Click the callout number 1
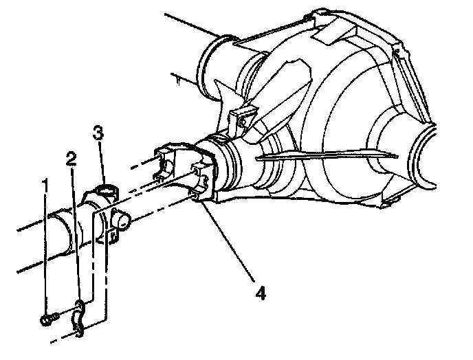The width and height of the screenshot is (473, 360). [45, 185]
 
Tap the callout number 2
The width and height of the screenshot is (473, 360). [71, 159]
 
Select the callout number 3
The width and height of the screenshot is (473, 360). [98, 133]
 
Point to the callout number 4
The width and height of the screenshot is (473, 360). [261, 293]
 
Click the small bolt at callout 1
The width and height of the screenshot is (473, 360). [49, 319]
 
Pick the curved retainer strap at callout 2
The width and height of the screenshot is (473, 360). [78, 318]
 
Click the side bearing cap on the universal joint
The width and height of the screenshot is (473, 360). [122, 220]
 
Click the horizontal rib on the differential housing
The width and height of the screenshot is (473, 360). [327, 155]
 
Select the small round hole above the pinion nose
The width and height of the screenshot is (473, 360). [242, 122]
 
